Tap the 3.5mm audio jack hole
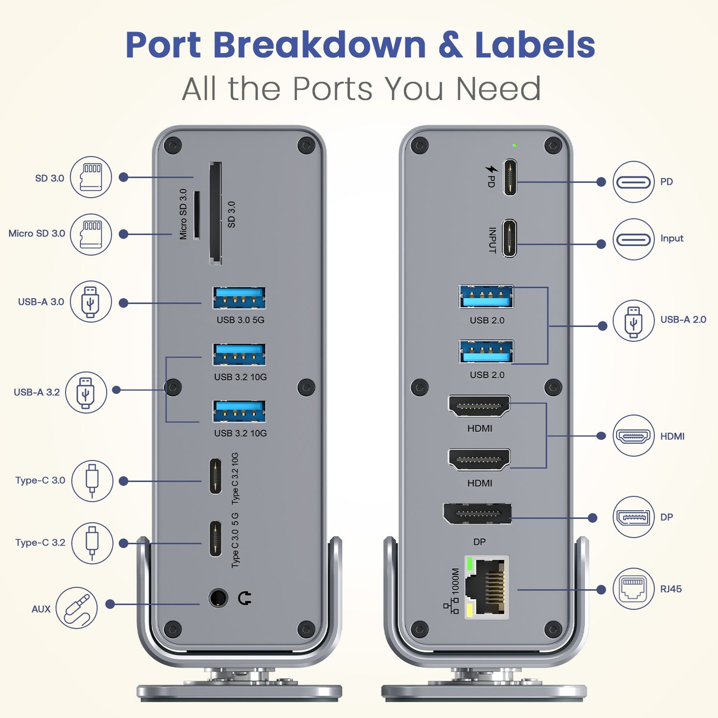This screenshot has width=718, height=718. (x=218, y=598)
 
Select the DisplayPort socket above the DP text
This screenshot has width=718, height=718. (x=477, y=513)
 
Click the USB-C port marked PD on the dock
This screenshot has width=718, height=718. (x=509, y=177)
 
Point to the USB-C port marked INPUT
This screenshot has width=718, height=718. (x=509, y=239)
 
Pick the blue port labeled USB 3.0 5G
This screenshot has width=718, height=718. (x=239, y=298)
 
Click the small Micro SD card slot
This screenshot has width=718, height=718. (x=197, y=215)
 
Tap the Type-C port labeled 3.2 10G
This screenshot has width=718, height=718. (x=215, y=476)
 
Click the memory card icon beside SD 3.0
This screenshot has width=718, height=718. (x=90, y=177)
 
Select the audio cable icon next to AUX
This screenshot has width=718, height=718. (x=77, y=608)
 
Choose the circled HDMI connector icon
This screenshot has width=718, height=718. (x=633, y=436)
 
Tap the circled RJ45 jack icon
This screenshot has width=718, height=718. (x=633, y=589)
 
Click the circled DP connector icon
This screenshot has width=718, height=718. (x=633, y=517)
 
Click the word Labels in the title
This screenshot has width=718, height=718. (x=535, y=45)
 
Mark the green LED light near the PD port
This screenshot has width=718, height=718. (x=514, y=146)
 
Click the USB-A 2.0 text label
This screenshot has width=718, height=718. (x=683, y=319)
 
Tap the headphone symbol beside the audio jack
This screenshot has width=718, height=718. (x=244, y=598)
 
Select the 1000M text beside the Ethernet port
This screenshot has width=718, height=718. (x=456, y=581)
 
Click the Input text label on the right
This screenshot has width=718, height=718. (x=671, y=239)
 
